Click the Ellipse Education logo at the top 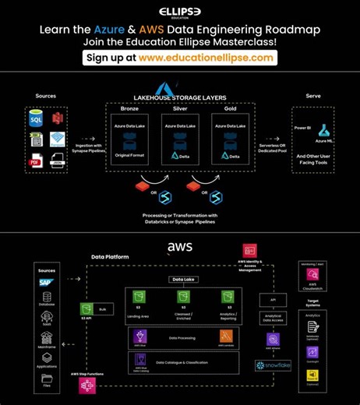point(180,11)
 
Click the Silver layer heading point(179,110)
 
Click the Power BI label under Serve point(302,126)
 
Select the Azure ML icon point(323,130)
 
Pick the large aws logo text point(180,248)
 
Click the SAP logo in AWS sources point(46,283)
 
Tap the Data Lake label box point(181,279)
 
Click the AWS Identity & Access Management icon point(250,251)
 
